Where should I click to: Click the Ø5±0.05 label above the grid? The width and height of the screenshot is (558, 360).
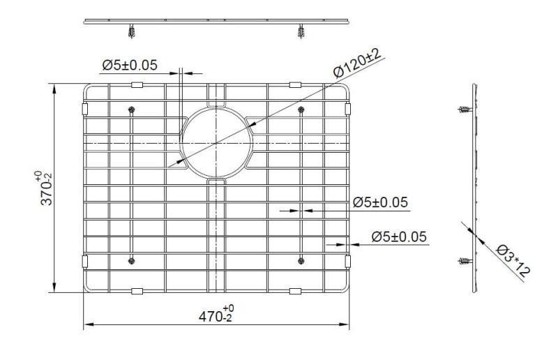click(x=129, y=66)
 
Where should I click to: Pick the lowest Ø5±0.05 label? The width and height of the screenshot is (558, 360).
click(x=390, y=237)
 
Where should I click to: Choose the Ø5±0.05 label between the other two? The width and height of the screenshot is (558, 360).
click(x=379, y=202)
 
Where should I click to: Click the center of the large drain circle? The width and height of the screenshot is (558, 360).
click(x=216, y=143)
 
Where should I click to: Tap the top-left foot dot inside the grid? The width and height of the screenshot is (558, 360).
click(x=131, y=110)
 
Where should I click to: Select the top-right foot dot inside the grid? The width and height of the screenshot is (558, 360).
click(x=301, y=110)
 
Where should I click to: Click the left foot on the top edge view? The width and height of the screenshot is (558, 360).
click(x=130, y=31)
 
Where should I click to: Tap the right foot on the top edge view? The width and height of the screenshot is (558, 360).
click(x=301, y=31)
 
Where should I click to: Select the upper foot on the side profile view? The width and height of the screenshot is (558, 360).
click(x=465, y=110)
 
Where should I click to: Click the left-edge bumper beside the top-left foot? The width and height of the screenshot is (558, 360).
click(x=84, y=110)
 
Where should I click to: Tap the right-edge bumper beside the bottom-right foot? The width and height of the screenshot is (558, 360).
click(x=348, y=262)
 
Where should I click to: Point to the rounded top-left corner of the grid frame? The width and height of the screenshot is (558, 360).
click(x=89, y=89)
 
